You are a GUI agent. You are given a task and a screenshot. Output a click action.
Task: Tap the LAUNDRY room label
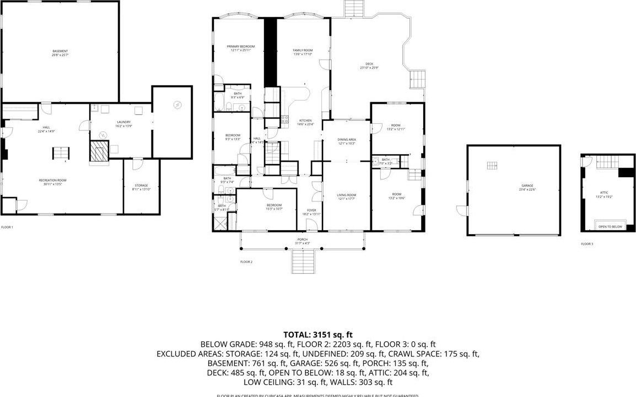123,124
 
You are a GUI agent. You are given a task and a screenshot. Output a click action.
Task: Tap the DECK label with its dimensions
369,66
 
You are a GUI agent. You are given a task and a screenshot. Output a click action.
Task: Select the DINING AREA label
346,141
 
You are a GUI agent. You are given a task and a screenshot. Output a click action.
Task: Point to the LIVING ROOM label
346,197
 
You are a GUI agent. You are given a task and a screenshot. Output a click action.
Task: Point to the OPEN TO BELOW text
610,226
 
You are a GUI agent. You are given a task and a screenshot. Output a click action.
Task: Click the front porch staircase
303,260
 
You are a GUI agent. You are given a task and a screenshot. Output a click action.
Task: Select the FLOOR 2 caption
246,262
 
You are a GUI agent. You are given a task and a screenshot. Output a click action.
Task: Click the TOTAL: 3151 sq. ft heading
317,334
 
